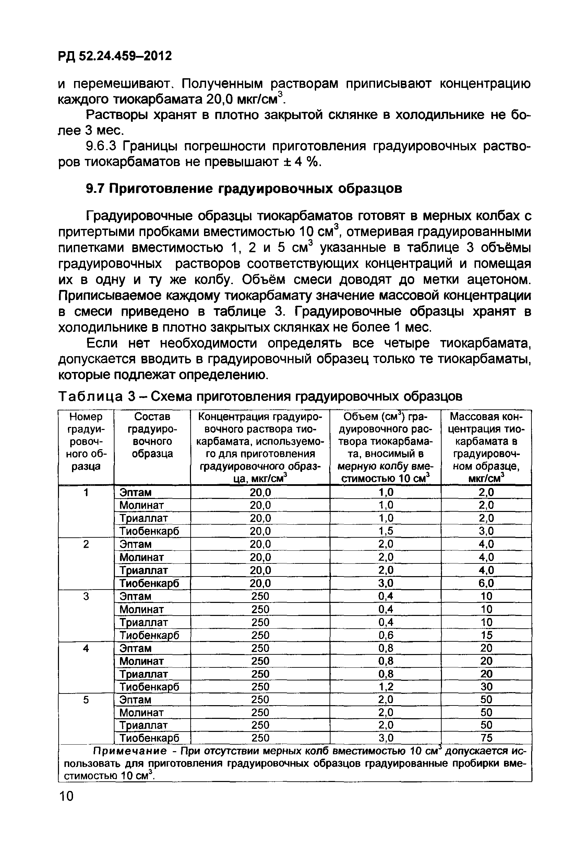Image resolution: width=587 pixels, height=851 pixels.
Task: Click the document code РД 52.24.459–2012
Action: click(x=115, y=56)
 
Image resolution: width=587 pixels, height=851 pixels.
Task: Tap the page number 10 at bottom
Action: click(x=66, y=796)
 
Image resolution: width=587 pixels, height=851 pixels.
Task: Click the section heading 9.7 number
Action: click(x=95, y=188)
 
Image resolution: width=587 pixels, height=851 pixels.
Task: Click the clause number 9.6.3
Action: click(x=100, y=147)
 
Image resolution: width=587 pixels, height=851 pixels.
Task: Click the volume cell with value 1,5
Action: click(x=385, y=531)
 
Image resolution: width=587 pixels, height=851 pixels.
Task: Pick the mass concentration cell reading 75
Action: click(x=486, y=738)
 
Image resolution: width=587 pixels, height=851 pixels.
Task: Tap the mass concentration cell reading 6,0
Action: click(x=486, y=583)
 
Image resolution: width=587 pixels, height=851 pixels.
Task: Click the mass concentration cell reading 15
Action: click(x=486, y=635)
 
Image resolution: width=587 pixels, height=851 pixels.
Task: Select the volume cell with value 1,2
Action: click(x=385, y=687)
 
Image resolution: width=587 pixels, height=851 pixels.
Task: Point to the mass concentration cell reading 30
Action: click(x=486, y=687)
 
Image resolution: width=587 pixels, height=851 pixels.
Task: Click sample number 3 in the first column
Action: click(x=86, y=596)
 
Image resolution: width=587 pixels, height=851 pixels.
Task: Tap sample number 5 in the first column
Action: click(x=86, y=700)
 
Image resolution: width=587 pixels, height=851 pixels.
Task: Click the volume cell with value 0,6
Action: click(x=385, y=635)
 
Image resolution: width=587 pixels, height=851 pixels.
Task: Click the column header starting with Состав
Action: click(x=152, y=435)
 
